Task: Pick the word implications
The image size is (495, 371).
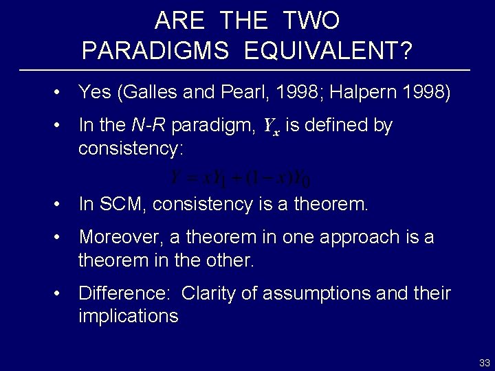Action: click(x=128, y=316)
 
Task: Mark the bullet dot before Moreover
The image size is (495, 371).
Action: click(x=63, y=238)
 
